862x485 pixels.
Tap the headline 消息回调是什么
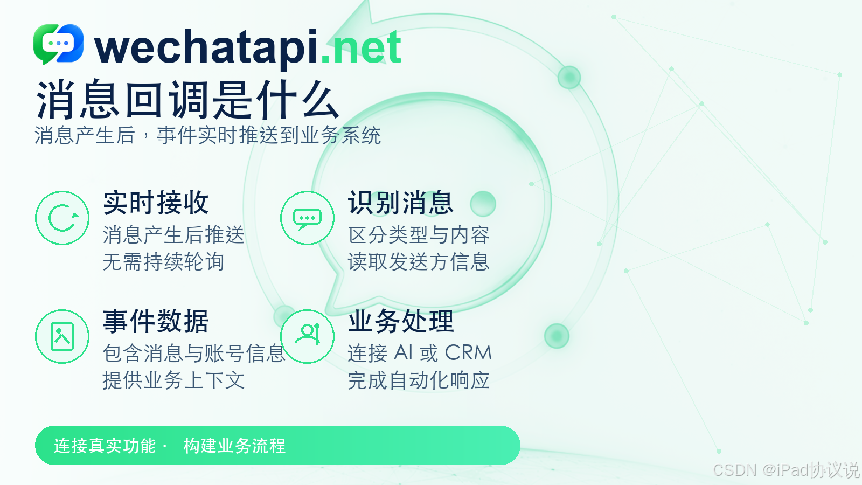pos(187,100)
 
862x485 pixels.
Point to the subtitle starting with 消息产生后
pos(208,135)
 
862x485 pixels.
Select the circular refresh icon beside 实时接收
pos(62,218)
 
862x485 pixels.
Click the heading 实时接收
pos(156,203)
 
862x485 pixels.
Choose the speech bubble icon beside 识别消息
pos(307,218)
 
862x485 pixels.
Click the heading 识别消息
pos(401,203)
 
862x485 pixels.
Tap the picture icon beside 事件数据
pos(62,336)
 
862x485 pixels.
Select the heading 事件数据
pos(156,321)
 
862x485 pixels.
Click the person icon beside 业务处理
pos(307,336)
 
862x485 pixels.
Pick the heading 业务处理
pos(401,321)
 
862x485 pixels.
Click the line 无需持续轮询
pos(163,262)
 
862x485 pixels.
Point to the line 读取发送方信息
pos(419,262)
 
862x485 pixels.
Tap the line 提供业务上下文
pos(173,380)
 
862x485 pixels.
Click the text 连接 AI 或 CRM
pos(420,352)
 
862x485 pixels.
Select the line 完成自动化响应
pos(419,380)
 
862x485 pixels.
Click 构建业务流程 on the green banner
pos(234,446)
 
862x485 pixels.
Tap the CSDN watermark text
pos(786,469)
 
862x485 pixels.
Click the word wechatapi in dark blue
pos(207,48)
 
